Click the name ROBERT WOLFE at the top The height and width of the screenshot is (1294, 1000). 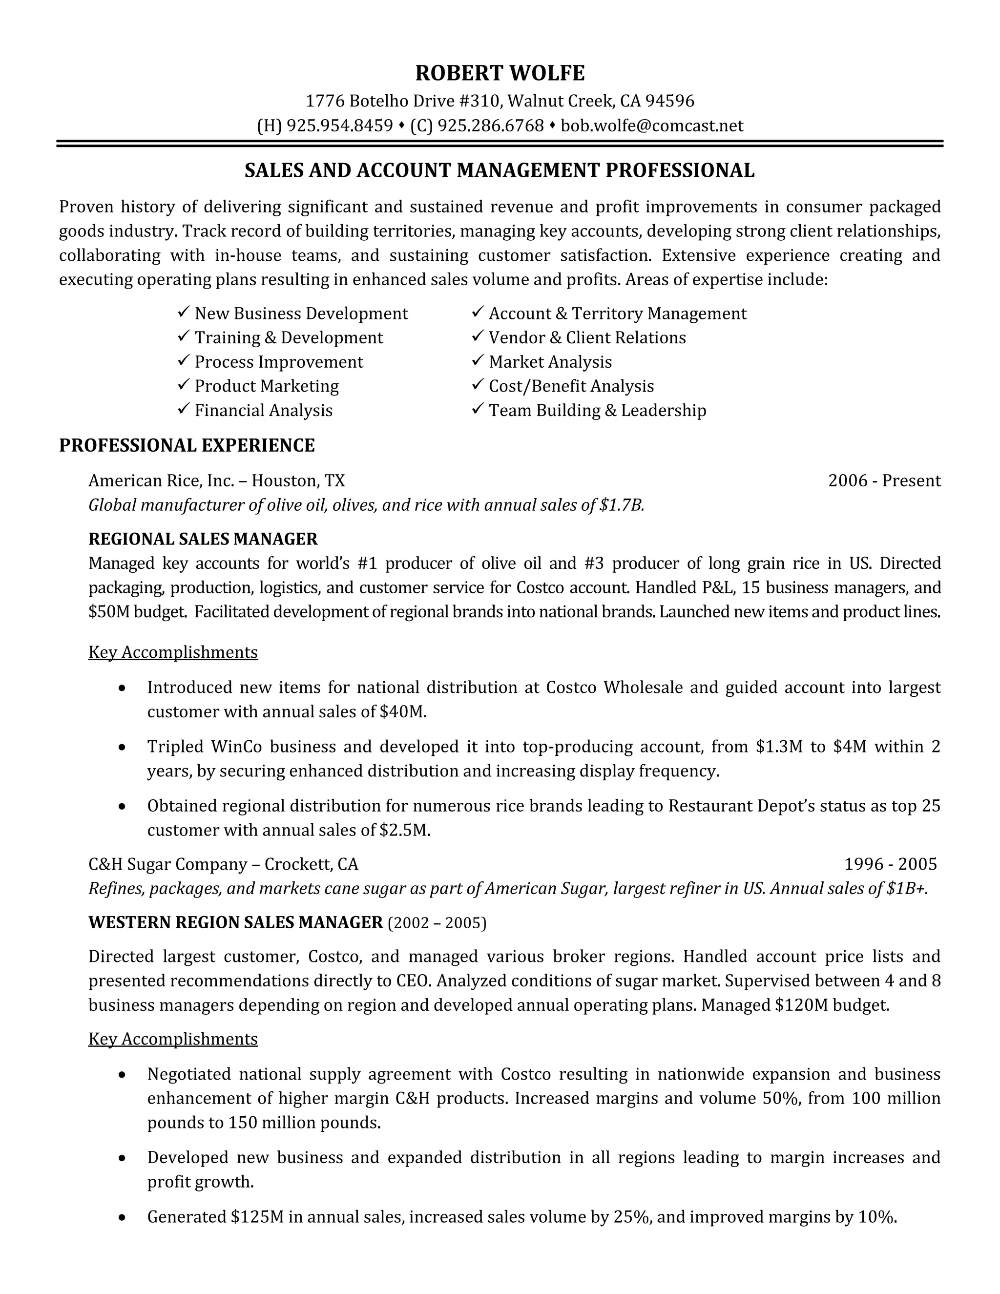click(500, 73)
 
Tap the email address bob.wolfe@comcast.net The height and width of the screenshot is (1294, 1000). click(652, 125)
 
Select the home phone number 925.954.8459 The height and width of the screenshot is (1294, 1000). click(339, 125)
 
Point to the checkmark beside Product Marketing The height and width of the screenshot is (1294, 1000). click(183, 385)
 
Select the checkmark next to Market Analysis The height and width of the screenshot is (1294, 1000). click(478, 361)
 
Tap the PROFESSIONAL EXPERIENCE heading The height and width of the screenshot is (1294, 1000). click(187, 445)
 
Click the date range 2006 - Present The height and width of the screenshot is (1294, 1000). click(883, 480)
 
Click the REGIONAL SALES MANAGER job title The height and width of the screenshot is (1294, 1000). click(203, 539)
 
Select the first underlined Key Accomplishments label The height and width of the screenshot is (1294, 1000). click(172, 652)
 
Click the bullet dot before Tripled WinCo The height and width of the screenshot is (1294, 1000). click(122, 748)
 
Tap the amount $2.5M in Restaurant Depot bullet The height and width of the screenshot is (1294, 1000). click(403, 830)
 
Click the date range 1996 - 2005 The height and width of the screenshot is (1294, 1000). click(890, 864)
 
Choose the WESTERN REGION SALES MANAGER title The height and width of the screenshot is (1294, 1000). click(235, 922)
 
